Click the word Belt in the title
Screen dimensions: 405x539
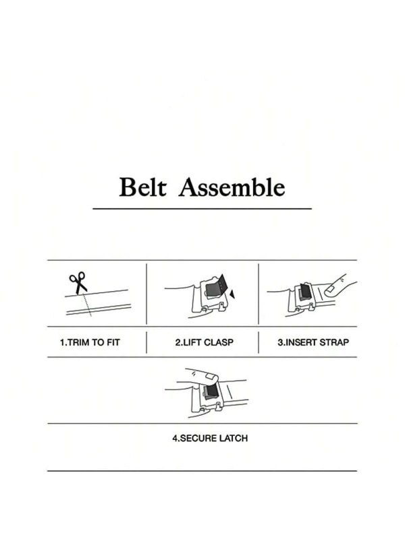[142, 187]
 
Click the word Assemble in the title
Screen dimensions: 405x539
[232, 187]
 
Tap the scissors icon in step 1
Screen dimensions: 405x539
[78, 282]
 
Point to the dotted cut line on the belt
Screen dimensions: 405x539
[86, 305]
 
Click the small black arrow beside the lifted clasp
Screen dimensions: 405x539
[232, 294]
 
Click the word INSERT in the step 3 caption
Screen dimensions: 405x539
[301, 342]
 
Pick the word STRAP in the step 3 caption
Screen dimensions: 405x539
[334, 342]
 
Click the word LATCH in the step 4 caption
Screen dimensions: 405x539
[235, 439]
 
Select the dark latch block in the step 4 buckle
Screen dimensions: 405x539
[210, 391]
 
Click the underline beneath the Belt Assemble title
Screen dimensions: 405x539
[202, 208]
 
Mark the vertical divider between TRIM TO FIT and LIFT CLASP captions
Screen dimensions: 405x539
[146, 342]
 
